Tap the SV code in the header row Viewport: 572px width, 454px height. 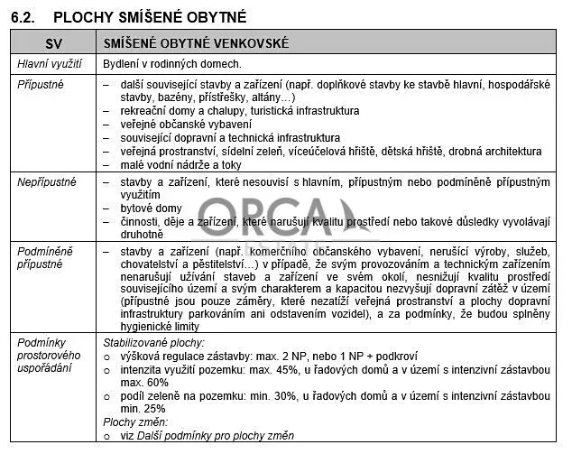click(x=53, y=42)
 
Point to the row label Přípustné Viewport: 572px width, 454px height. click(x=42, y=84)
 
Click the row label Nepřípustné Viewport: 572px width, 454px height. click(x=47, y=182)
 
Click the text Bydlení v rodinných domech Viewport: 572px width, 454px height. click(x=171, y=64)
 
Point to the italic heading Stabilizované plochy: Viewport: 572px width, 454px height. click(x=154, y=343)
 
